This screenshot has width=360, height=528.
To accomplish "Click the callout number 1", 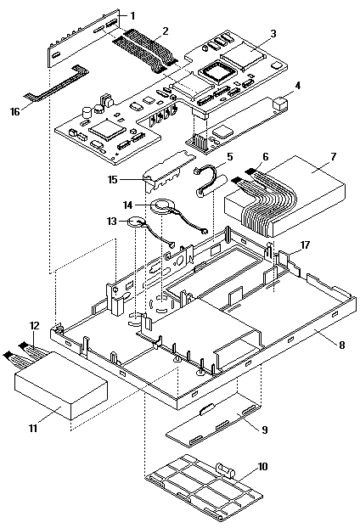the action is pyautogui.click(x=132, y=16).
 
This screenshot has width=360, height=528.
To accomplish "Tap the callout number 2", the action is pyautogui.click(x=166, y=31).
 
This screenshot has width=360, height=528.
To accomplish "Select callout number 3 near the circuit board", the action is pyautogui.click(x=273, y=34).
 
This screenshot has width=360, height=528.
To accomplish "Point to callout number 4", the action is pyautogui.click(x=297, y=86).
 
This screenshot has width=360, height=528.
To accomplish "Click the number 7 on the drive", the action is pyautogui.click(x=333, y=157).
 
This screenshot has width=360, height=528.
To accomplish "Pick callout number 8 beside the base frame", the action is pyautogui.click(x=342, y=345).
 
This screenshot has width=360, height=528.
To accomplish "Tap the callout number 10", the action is pyautogui.click(x=263, y=467).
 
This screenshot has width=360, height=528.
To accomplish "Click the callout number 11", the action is pyautogui.click(x=32, y=429).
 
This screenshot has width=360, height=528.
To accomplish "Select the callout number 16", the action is pyautogui.click(x=14, y=111).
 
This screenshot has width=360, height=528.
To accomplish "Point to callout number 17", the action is pyautogui.click(x=305, y=244).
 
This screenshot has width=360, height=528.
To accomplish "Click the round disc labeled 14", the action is pyautogui.click(x=164, y=207).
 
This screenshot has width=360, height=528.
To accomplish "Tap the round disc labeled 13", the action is pyautogui.click(x=137, y=222).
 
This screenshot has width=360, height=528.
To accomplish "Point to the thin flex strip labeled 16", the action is pyautogui.click(x=57, y=84).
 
